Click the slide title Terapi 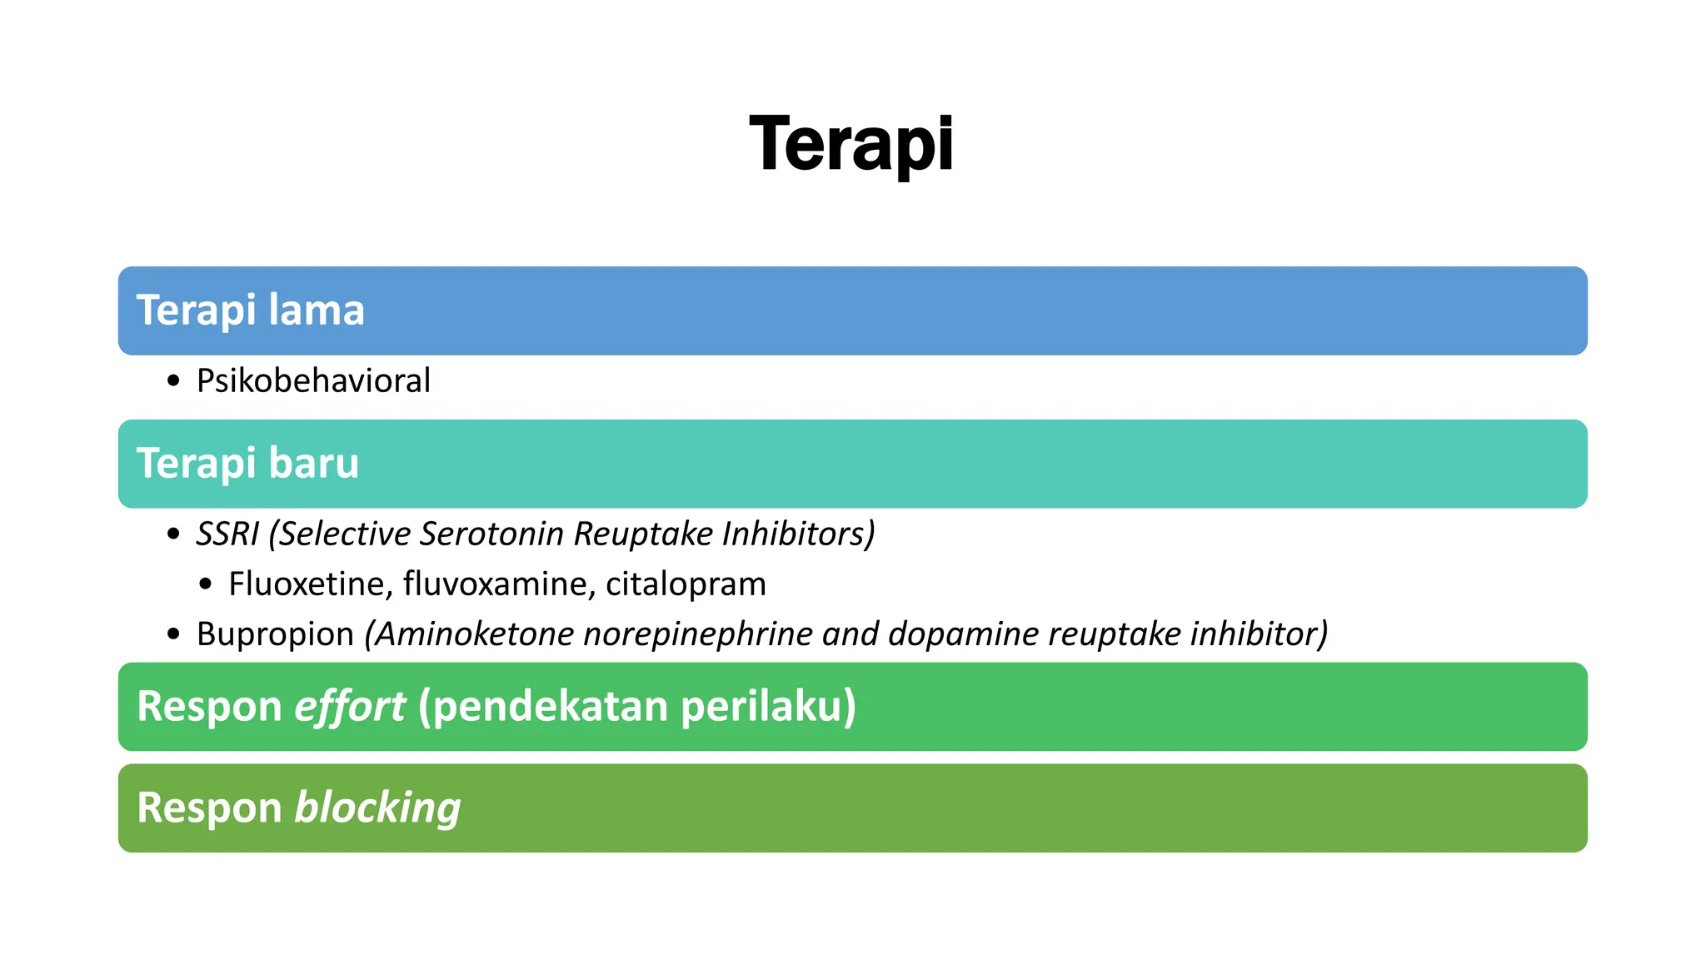click(851, 145)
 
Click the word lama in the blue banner click(317, 311)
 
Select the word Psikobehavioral click(313, 381)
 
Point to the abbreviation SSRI click(227, 534)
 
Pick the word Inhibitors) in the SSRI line click(798, 534)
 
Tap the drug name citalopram click(686, 584)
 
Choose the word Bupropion click(275, 634)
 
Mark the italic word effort click(350, 707)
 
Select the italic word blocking click(377, 808)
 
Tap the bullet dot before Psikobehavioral click(173, 381)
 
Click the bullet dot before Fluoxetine click(206, 584)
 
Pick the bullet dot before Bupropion click(173, 634)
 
